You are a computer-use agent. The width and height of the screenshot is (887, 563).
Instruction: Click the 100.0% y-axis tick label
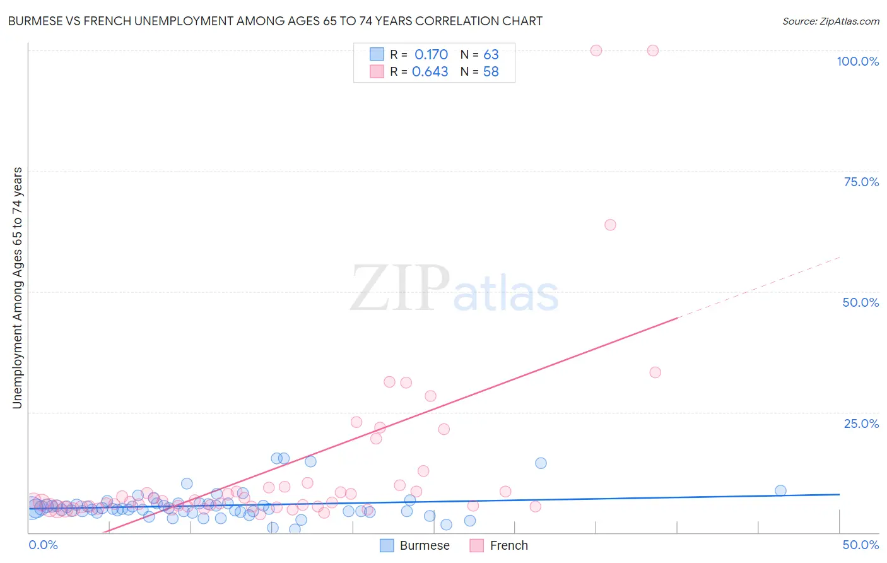[x=857, y=61]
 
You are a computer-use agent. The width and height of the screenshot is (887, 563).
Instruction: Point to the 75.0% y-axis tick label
[x=861, y=182]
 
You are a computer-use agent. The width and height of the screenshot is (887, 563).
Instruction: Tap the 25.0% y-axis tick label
[x=861, y=423]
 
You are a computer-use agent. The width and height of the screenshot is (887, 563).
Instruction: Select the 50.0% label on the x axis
[x=861, y=545]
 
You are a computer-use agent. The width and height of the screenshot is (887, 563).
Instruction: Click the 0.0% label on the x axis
[x=43, y=545]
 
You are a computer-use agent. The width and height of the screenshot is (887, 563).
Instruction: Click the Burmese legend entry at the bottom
[x=415, y=545]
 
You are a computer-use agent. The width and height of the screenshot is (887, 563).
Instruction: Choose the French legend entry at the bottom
[x=499, y=545]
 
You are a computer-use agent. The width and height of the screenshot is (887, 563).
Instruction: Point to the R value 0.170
[x=431, y=54]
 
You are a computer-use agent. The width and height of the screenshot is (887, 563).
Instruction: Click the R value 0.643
[x=430, y=72]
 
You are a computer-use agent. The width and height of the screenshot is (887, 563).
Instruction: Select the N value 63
[x=491, y=54]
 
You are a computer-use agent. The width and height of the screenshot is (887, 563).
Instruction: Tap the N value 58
[x=491, y=72]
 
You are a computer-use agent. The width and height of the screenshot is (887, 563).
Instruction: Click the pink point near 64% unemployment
[x=610, y=225]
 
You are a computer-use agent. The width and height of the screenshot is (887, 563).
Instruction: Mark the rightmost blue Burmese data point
[x=780, y=490]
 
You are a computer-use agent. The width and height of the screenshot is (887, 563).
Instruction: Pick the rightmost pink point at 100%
[x=653, y=50]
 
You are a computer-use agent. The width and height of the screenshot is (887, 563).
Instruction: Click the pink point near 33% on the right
[x=655, y=372]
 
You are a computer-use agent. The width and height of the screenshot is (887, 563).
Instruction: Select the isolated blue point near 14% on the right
[x=541, y=463]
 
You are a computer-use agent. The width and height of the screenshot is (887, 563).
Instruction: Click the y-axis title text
[x=17, y=288]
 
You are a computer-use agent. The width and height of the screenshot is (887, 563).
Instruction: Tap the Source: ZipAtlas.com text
[x=830, y=21]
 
